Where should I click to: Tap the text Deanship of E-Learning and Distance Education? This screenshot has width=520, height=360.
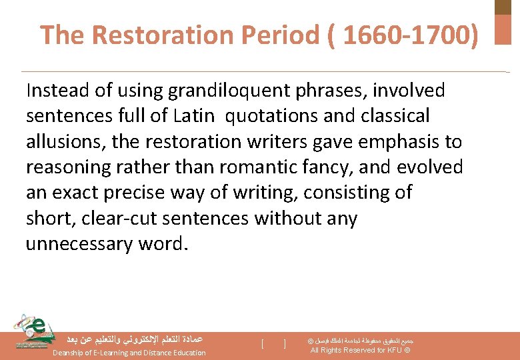click(129, 353)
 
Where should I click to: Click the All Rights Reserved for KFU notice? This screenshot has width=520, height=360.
click(361, 350)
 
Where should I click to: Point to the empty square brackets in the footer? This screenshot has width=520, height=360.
click(273, 344)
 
